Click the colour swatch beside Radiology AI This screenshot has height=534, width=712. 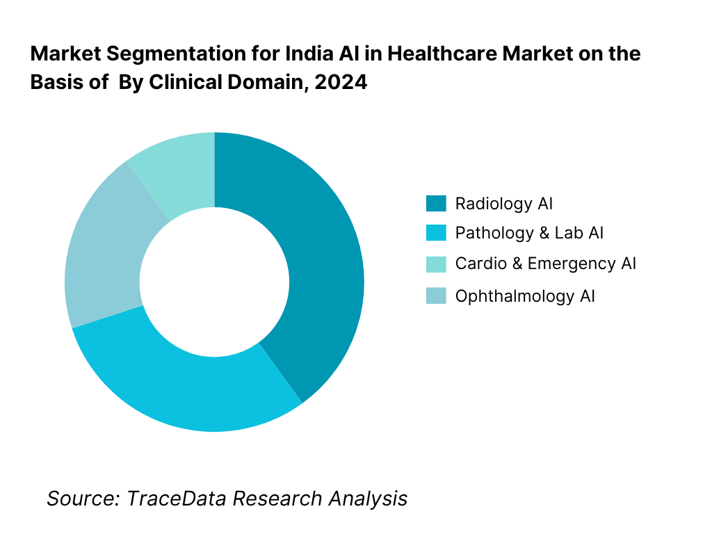[435, 204]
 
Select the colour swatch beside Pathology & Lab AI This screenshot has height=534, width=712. [435, 233]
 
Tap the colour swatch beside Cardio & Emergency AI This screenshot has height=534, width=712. [435, 264]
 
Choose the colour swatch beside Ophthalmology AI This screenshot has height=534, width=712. [435, 296]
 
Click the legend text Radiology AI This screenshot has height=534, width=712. [504, 204]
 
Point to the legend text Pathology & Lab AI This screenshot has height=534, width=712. [529, 233]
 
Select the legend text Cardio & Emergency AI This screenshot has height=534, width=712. [546, 264]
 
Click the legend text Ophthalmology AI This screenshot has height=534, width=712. [525, 296]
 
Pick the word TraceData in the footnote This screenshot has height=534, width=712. [176, 498]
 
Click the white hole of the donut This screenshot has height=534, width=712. [214, 282]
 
